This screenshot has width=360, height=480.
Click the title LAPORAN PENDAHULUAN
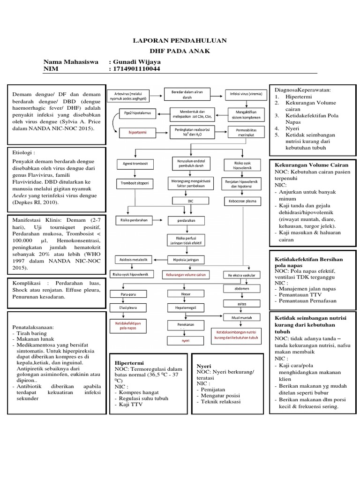(x=180, y=41)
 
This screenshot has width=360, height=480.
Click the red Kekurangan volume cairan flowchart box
(x=185, y=274)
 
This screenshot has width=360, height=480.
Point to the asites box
(x=242, y=304)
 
